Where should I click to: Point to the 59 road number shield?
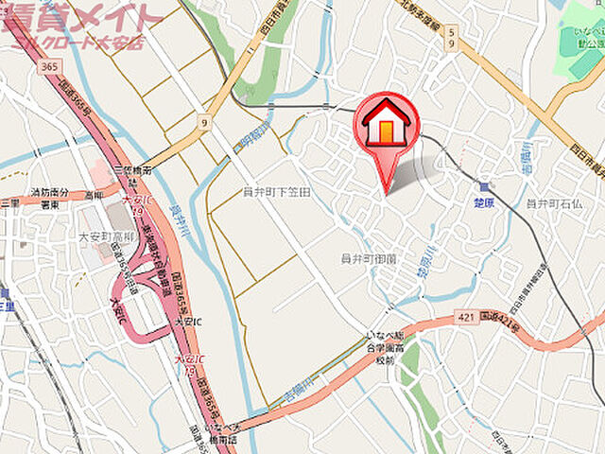451,37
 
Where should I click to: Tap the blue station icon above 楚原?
486,187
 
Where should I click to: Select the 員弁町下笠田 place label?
277,192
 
